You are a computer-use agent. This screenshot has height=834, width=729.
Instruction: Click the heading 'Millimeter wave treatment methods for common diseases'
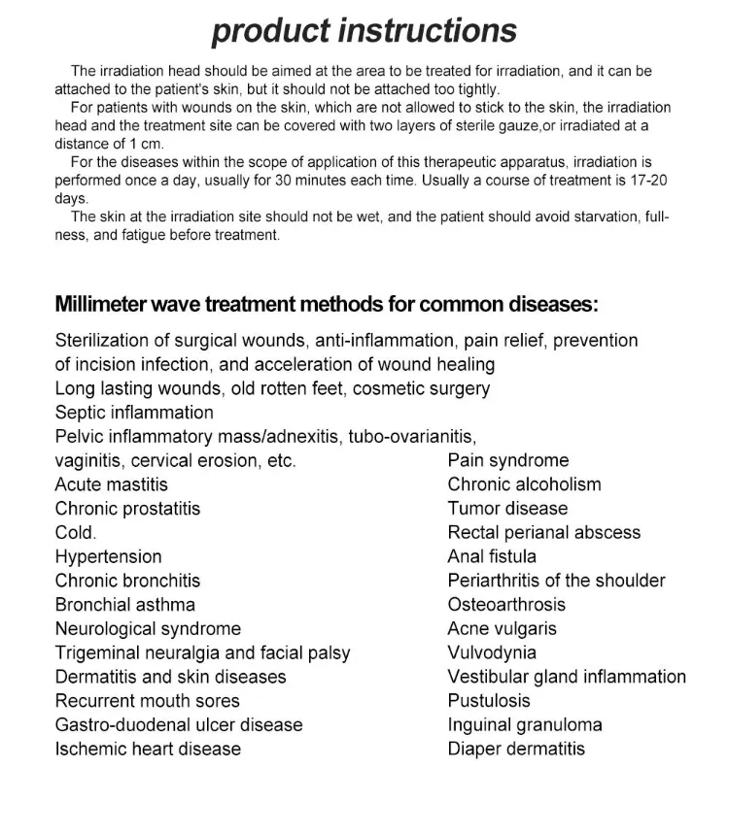tap(327, 304)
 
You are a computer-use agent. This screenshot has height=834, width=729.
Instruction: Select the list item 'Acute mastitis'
tap(111, 484)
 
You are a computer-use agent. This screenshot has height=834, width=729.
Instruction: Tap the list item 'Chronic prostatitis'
tap(127, 509)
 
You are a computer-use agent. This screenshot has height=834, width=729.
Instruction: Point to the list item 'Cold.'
tap(76, 532)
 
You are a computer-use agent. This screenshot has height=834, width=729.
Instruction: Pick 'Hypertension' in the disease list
tap(108, 556)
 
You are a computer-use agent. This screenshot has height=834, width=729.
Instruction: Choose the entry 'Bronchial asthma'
tap(124, 605)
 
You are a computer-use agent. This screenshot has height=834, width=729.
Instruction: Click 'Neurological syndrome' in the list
tap(148, 628)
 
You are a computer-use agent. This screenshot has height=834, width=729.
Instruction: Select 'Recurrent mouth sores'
tap(147, 701)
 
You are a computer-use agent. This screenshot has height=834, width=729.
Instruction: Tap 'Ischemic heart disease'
tap(148, 749)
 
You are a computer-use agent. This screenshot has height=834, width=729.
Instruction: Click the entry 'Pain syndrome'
tap(508, 460)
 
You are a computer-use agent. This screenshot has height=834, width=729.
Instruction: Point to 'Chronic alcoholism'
tap(524, 484)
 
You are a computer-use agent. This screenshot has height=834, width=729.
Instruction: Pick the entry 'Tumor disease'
tap(507, 509)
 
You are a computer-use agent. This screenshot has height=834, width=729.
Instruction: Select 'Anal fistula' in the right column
tap(492, 556)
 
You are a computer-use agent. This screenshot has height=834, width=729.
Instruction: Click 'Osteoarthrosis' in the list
tap(506, 605)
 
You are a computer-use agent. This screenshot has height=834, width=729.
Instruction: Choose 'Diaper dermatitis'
tap(516, 749)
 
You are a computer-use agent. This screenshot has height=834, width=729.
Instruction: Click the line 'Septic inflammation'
tap(134, 413)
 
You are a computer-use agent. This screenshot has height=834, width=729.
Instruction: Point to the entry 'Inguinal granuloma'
tap(525, 724)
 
